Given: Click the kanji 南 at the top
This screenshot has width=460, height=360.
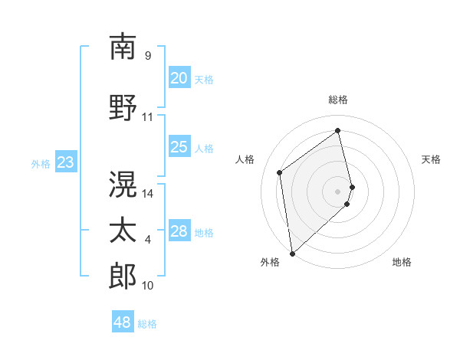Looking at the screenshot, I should coord(123,47).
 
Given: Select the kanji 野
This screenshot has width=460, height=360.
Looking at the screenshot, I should coord(123,108).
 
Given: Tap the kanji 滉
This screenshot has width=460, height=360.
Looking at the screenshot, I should coord(123,185).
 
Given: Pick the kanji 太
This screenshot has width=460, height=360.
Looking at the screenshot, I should coord(123,231).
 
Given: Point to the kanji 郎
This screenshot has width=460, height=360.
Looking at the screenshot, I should coord(123,277).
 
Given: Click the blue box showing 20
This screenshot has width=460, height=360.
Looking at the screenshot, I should coord(179,78).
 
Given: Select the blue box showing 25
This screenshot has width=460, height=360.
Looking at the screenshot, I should coord(179,147).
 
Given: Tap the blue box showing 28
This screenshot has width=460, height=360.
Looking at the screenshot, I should coord(179,231).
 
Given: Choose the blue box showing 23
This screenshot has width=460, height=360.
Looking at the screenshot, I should coord(65,162).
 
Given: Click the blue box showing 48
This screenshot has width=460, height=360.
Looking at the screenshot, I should coord(122,322).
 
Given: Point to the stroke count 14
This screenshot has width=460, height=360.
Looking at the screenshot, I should coord(148,194).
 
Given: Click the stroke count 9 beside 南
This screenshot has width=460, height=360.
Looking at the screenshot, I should coord(148,56).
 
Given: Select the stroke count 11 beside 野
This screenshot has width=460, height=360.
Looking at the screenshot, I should coord(148,117).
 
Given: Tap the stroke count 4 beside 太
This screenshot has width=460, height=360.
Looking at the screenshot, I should coord(148,240).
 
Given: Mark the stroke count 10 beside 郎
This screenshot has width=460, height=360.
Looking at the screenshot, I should coord(148,286).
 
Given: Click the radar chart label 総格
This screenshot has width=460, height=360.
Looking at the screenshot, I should coord(338,100).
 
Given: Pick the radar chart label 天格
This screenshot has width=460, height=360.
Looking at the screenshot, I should coord(431,159).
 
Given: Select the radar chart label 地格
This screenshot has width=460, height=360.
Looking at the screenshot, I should coord(402,262).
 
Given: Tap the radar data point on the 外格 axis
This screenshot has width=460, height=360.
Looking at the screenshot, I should coord(292,253).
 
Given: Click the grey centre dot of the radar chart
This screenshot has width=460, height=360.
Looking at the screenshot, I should coord(338,191).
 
